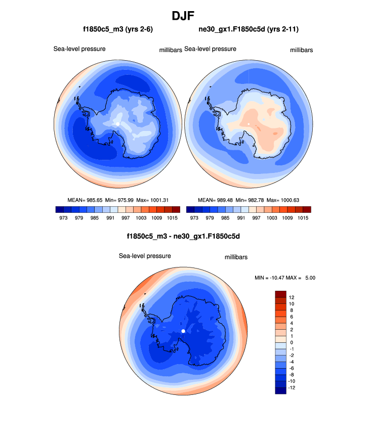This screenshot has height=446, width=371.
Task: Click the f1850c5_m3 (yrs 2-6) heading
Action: click(x=118, y=30)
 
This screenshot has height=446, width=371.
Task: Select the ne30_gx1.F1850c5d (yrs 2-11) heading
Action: click(x=248, y=30)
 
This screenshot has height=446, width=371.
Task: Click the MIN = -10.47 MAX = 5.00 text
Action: click(x=286, y=278)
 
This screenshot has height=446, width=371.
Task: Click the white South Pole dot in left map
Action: click(x=118, y=124)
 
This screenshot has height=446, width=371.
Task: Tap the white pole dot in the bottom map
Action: click(x=183, y=331)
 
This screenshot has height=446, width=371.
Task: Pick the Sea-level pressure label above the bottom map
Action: click(x=145, y=256)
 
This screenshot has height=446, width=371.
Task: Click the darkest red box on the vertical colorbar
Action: click(x=281, y=294)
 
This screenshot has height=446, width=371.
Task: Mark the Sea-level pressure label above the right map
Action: click(x=211, y=49)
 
